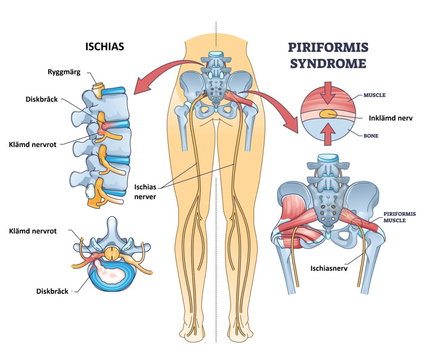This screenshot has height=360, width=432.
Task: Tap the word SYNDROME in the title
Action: pos(327,63)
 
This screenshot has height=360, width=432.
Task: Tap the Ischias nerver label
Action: pos(145,191)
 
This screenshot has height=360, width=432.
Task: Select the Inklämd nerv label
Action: pos(392,118)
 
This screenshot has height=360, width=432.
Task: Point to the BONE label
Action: pos(371,136)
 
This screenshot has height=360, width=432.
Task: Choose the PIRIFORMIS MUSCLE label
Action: pos(399,217)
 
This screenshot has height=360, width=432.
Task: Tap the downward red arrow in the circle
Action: pos(330,92)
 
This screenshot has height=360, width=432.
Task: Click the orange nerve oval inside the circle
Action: pos(327,114)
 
